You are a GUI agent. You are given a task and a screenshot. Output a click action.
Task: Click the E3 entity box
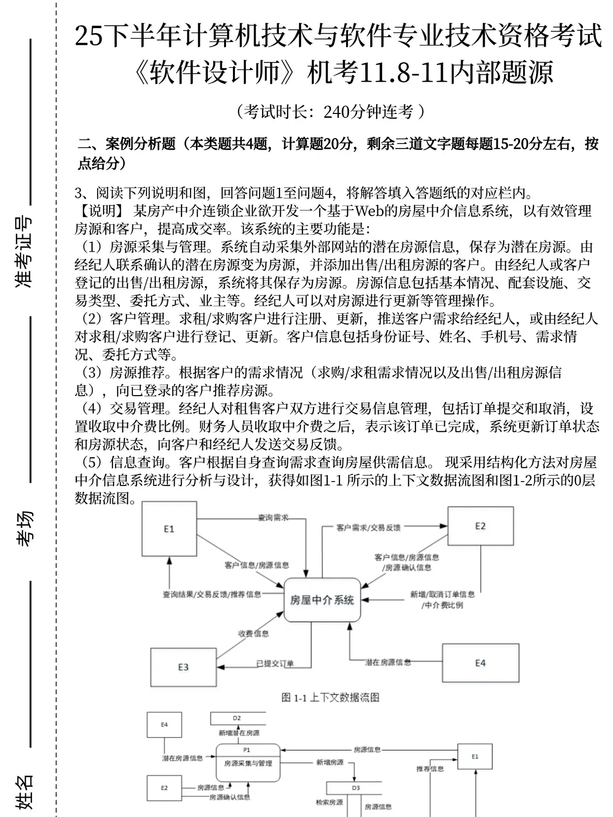[183, 667]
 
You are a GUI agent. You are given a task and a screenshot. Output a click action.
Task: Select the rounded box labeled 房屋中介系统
[322, 600]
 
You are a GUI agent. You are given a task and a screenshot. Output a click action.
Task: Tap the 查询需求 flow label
[273, 518]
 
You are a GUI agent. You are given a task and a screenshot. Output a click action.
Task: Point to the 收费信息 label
[254, 633]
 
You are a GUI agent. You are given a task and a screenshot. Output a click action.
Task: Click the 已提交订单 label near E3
[275, 664]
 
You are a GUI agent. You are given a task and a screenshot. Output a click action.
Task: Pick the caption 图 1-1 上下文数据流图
[330, 697]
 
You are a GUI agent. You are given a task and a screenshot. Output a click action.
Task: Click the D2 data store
[237, 718]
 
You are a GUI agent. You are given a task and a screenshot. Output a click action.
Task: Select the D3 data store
[356, 788]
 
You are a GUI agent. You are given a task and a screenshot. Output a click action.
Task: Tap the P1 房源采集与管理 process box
[248, 762]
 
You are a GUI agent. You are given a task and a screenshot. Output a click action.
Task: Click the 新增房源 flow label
[330, 762]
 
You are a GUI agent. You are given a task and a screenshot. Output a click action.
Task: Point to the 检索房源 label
[329, 803]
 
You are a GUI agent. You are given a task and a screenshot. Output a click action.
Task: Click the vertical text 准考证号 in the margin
[24, 252]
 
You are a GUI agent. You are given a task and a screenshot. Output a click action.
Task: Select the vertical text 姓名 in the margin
[24, 792]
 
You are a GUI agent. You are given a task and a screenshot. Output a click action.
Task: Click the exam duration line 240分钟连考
[330, 112]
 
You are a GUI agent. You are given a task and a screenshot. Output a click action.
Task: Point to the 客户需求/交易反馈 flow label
[368, 527]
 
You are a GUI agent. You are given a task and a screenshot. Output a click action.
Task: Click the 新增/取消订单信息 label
[442, 594]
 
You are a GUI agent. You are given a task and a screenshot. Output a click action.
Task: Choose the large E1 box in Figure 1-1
[169, 529]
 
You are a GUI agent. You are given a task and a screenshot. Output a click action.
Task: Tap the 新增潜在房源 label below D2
[239, 733]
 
